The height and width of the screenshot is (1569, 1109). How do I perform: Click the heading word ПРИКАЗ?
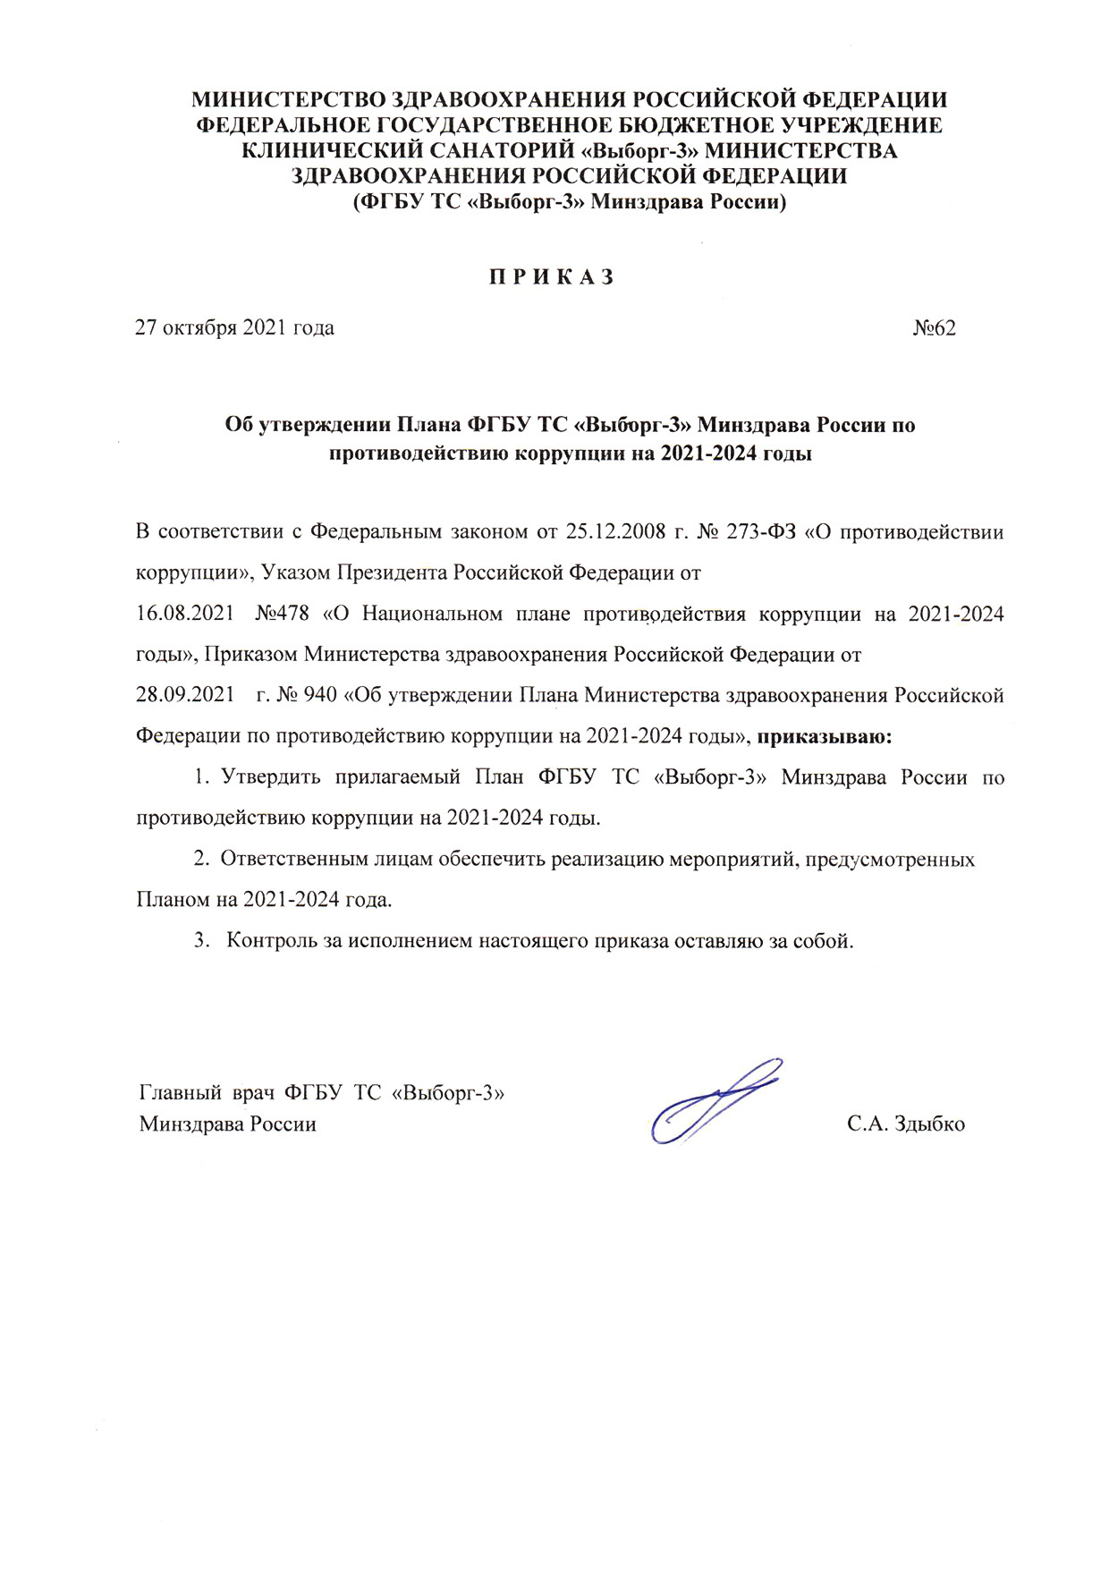coord(552,277)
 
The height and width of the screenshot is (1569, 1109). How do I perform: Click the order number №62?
coord(934,328)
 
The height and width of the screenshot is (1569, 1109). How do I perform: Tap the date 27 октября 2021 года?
coord(234,328)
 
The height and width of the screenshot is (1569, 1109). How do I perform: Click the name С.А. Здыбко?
coord(905,1124)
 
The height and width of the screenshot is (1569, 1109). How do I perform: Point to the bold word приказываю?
coord(824,737)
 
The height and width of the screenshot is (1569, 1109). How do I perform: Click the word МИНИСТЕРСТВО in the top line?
coord(289,99)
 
